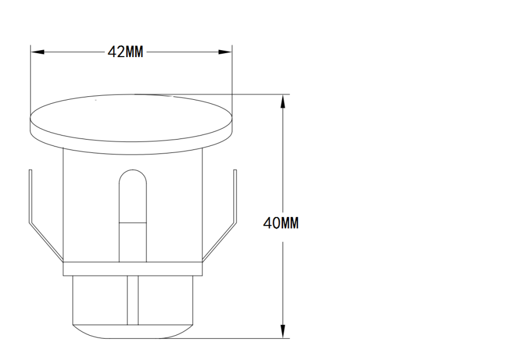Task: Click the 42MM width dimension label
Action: [x=126, y=52]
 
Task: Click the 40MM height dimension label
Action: [x=281, y=223]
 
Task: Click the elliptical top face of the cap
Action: [x=131, y=114]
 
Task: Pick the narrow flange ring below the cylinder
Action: [x=132, y=268]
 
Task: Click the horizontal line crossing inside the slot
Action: [x=132, y=222]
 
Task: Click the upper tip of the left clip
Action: [x=29, y=171]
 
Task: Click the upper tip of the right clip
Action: [x=235, y=171]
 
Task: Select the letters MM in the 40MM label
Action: [x=289, y=223]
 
